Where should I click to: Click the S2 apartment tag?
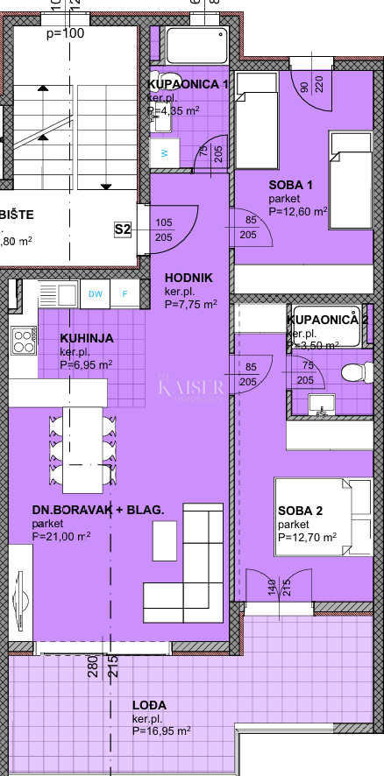pos(123,229)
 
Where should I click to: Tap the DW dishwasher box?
pos(95,294)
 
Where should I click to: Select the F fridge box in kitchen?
pos(124,294)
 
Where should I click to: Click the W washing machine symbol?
pos(162,152)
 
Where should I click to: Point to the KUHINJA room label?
pos(86,339)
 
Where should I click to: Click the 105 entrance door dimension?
pos(164,222)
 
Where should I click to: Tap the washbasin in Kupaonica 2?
pos(321,402)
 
